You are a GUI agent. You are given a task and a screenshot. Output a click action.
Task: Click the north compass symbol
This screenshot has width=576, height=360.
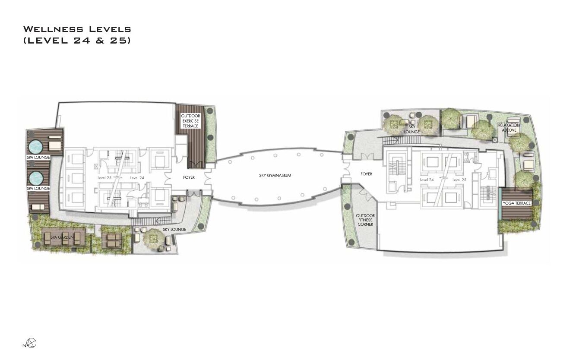coord(32,344)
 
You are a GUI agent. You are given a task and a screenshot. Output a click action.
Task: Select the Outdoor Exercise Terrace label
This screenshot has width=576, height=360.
coord(190,121)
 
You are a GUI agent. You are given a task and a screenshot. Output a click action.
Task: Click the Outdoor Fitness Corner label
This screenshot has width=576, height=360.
coord(365,220)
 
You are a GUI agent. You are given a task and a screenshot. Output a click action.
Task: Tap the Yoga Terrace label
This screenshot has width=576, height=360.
coord(516,203)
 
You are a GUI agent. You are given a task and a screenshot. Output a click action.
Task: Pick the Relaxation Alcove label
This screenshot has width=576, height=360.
coord(509,127)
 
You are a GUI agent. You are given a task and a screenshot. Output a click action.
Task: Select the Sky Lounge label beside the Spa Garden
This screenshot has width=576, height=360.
coord(174,229)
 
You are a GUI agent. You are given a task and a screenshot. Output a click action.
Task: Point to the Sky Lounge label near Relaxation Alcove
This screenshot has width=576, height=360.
coord(412,129)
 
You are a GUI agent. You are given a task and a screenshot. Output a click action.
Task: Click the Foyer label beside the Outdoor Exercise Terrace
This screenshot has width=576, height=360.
coord(189,177)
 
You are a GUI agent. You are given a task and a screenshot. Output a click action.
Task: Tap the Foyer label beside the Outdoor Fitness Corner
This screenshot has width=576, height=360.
coord(366,174)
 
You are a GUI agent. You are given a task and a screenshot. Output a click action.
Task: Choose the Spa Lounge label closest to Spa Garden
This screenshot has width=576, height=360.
coord(38,189)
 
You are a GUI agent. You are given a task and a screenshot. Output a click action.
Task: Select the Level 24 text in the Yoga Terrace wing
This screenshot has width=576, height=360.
coord(427,180)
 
